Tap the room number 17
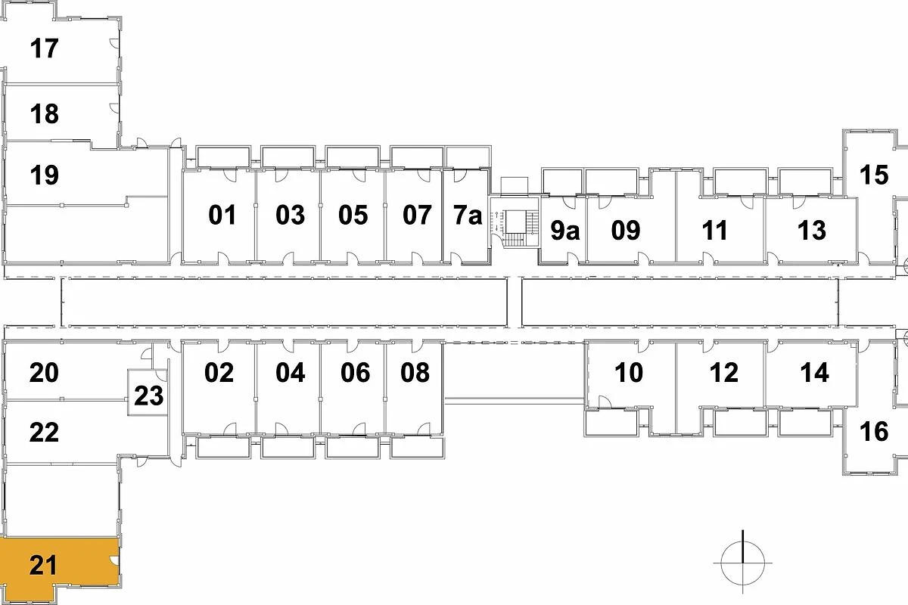click(x=45, y=49)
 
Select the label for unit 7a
click(x=468, y=216)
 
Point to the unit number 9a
click(x=564, y=231)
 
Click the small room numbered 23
click(x=148, y=396)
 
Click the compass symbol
click(x=743, y=563)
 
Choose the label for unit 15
click(x=874, y=175)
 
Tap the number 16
click(x=874, y=432)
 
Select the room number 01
click(x=222, y=216)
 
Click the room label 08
click(x=415, y=373)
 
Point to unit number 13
click(x=812, y=231)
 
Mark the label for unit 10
click(x=629, y=373)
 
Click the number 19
click(x=45, y=175)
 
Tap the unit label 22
click(x=45, y=433)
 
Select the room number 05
click(x=353, y=216)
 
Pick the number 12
click(x=724, y=373)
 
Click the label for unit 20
click(x=45, y=373)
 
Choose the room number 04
click(x=290, y=373)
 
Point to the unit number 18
click(x=45, y=115)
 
